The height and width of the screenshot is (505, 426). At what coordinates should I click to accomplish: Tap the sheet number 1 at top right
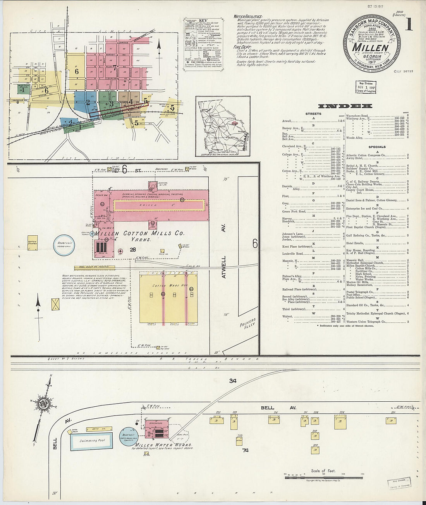click(x=408, y=24)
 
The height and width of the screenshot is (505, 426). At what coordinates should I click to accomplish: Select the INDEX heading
click(x=345, y=106)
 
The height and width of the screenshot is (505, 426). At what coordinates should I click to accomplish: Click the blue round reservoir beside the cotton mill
click(x=64, y=245)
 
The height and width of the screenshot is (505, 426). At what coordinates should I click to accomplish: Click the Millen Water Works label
click(x=162, y=445)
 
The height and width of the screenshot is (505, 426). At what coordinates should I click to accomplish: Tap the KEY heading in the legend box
click(x=203, y=21)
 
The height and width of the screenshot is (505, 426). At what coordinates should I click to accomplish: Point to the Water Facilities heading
click(x=248, y=17)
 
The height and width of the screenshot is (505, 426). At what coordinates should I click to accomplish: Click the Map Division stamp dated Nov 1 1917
click(x=366, y=87)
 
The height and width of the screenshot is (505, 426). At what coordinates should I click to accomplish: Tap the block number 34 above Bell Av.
click(x=232, y=381)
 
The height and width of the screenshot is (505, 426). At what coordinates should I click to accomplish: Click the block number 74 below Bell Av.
click(x=245, y=450)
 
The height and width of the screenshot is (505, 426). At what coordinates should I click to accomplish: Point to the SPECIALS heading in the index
click(x=377, y=147)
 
